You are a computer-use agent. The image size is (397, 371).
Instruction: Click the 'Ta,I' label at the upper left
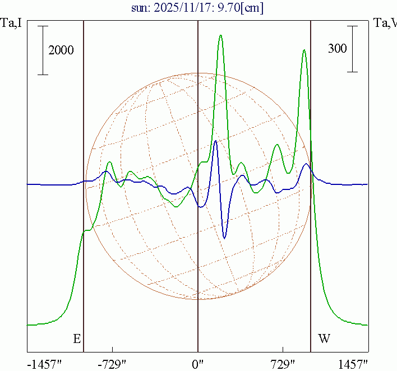11,24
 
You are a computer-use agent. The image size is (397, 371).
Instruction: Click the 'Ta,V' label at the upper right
385,24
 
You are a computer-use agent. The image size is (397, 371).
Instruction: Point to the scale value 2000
61,50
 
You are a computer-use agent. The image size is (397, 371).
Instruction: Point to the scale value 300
338,49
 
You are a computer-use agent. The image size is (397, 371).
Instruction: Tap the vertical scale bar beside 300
352,48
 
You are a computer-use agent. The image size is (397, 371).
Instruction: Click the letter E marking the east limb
77,338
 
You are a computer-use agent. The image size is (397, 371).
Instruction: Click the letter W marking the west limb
324,338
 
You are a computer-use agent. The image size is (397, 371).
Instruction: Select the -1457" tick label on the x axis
44,364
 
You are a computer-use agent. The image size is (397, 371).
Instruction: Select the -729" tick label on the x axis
112,364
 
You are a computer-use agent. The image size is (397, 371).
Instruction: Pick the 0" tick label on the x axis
198,364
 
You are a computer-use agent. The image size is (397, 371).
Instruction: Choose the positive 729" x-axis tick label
283,364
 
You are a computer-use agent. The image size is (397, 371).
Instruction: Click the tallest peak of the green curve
221,35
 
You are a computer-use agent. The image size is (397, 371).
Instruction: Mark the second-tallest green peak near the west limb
304,50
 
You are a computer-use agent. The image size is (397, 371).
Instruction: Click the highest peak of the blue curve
216,141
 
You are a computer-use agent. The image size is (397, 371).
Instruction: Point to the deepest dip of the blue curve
224,238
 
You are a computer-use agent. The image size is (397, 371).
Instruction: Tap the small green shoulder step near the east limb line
86,230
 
